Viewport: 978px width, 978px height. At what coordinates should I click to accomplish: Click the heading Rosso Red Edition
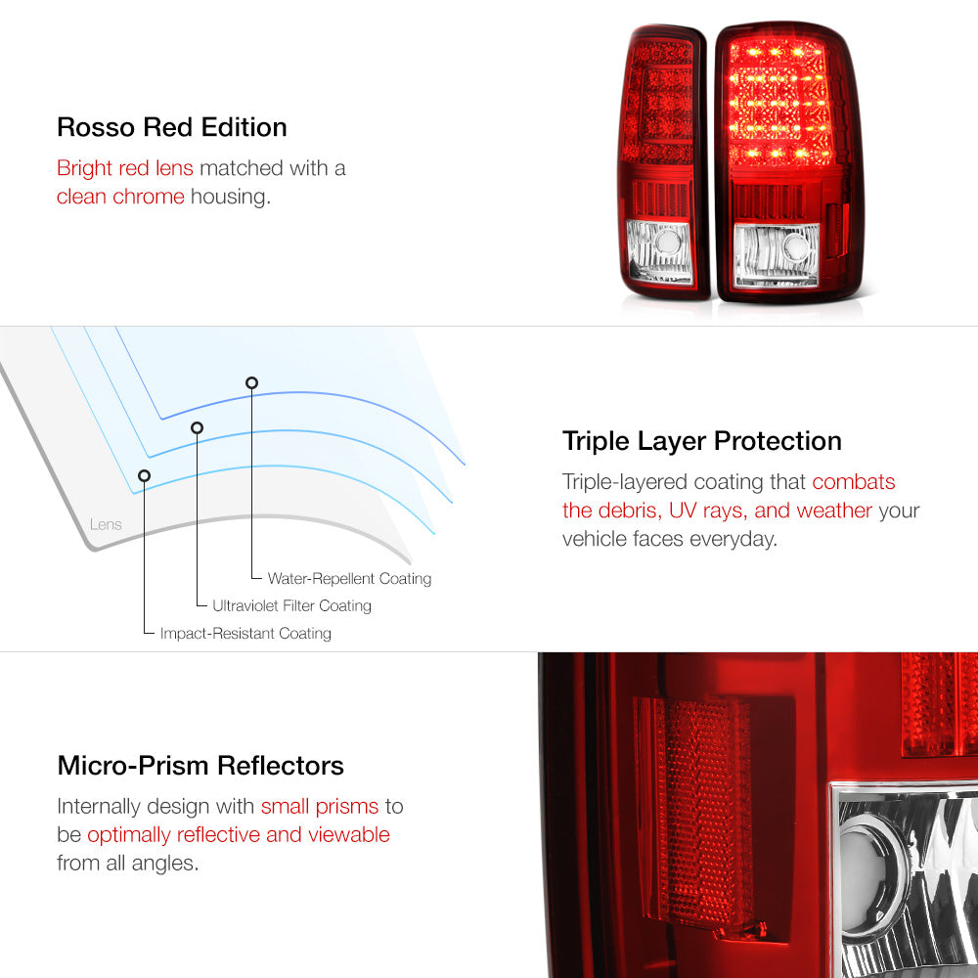pyautogui.click(x=171, y=127)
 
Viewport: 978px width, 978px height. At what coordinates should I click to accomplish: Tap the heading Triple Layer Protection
pyautogui.click(x=701, y=441)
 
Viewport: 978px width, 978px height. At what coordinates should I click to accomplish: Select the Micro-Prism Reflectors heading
pyautogui.click(x=200, y=766)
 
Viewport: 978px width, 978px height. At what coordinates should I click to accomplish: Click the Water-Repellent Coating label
pyautogui.click(x=349, y=579)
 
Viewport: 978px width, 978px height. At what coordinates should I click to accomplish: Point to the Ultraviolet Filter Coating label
pyautogui.click(x=291, y=605)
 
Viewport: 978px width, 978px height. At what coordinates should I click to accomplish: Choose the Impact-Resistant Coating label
pyautogui.click(x=245, y=633)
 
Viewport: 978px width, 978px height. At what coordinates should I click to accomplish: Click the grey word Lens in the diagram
pyautogui.click(x=106, y=524)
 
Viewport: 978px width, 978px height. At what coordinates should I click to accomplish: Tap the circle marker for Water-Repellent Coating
pyautogui.click(x=251, y=383)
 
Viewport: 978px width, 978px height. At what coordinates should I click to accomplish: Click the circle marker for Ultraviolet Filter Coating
pyautogui.click(x=198, y=428)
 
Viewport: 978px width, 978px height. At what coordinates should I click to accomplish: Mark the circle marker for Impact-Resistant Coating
pyautogui.click(x=144, y=476)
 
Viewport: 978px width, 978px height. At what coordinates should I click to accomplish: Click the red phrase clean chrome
pyautogui.click(x=120, y=197)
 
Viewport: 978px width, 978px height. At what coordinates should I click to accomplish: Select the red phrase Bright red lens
pyautogui.click(x=125, y=168)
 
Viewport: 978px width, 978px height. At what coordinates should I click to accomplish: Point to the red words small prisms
pyautogui.click(x=320, y=807)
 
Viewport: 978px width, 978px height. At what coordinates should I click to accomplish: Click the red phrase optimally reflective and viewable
pyautogui.click(x=239, y=834)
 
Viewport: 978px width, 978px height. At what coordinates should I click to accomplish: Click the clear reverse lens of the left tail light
pyautogui.click(x=659, y=251)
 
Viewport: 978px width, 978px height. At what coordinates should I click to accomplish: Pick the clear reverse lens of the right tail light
pyautogui.click(x=777, y=256)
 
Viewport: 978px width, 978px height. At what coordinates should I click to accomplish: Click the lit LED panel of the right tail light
pyautogui.click(x=779, y=103)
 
